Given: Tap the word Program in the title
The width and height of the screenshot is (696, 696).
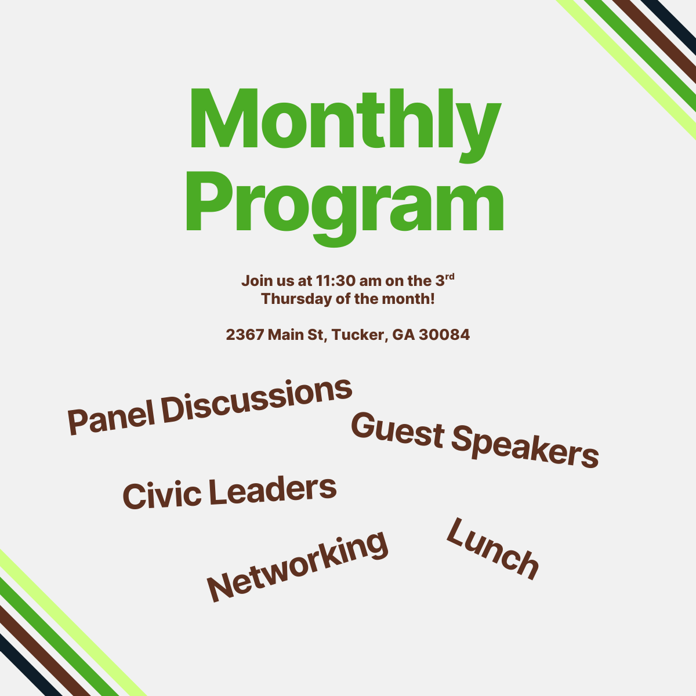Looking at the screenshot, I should click(345, 203).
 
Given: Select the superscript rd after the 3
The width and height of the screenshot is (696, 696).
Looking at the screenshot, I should click(449, 277).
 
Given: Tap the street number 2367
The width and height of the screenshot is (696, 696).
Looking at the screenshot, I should click(245, 335).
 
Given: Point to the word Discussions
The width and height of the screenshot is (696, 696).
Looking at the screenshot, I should click(256, 400).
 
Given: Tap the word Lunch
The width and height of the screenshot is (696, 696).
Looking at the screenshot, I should click(492, 550).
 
